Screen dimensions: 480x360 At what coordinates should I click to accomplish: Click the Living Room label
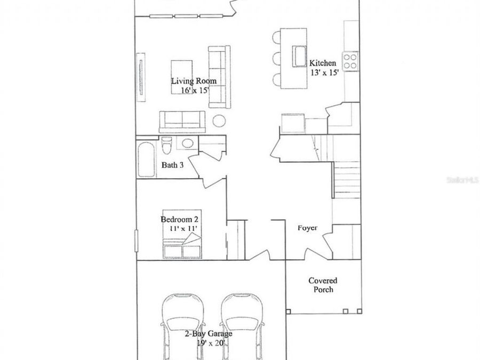tap(194, 81)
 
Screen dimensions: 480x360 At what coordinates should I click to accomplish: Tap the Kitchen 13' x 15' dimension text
tap(324, 73)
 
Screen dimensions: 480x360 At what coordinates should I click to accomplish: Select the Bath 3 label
tap(172, 165)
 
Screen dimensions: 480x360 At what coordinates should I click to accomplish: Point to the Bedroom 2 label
tap(179, 219)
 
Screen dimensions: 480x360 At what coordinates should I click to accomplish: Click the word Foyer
tap(308, 228)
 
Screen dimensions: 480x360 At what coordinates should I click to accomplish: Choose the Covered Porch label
tap(323, 285)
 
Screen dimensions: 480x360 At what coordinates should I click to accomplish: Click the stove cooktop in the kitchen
tap(350, 61)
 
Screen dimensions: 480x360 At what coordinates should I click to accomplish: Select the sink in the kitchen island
tap(299, 56)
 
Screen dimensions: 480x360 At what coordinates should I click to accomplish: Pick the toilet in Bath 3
tap(167, 145)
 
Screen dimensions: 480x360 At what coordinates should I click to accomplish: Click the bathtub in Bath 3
tap(146, 159)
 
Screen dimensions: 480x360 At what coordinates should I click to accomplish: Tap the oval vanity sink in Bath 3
tap(187, 143)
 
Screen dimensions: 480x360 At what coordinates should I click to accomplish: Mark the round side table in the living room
tap(219, 121)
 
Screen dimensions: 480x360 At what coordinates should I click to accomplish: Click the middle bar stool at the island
tap(276, 59)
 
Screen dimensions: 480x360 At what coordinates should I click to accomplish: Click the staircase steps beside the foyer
tap(347, 180)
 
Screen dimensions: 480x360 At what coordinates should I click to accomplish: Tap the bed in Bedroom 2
tap(182, 234)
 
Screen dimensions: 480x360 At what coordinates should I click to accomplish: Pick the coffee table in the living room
tap(181, 77)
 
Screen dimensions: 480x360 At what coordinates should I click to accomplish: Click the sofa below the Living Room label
tap(182, 122)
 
